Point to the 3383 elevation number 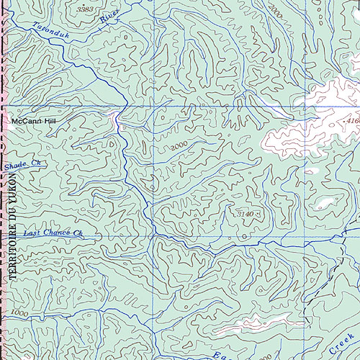pyautogui.click(x=85, y=9)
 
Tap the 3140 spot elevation pyautogui.click(x=246, y=214)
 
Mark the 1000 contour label pyautogui.click(x=20, y=314)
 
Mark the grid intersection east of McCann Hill pyautogui.click(x=153, y=107)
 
